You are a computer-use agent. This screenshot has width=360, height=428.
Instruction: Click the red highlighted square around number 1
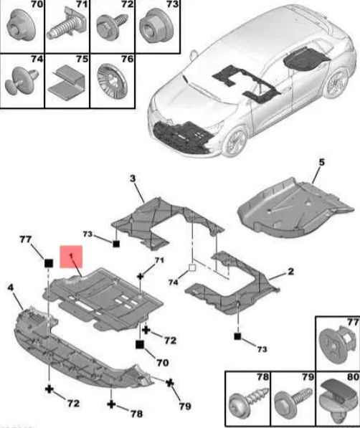pos(71,257)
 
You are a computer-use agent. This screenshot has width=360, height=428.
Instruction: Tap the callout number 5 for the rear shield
pos(322,162)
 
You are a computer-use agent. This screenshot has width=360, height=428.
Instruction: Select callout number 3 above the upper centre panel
pos(133,179)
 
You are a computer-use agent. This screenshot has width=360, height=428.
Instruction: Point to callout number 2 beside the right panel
pos(291,271)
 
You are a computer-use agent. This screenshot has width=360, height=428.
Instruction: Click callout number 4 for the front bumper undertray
pos(10,287)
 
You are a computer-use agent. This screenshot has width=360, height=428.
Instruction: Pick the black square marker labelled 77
pos(49,263)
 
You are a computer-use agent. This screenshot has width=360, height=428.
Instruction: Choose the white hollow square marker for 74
pos(192,268)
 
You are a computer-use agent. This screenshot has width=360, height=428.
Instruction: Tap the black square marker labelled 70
pos(140,344)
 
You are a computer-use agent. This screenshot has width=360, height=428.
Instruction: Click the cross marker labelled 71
pos(140,276)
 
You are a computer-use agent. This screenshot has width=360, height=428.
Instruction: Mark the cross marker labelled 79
pos(170,383)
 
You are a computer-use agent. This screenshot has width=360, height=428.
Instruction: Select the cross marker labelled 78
pos(111,404)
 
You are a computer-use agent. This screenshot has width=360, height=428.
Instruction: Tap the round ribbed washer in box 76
pos(112,81)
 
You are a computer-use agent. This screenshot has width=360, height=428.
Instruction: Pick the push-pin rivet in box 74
pos(21,80)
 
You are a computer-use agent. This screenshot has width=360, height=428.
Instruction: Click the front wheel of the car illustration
pos(235,142)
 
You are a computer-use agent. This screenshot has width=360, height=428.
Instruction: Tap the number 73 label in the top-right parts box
pos(172,4)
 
